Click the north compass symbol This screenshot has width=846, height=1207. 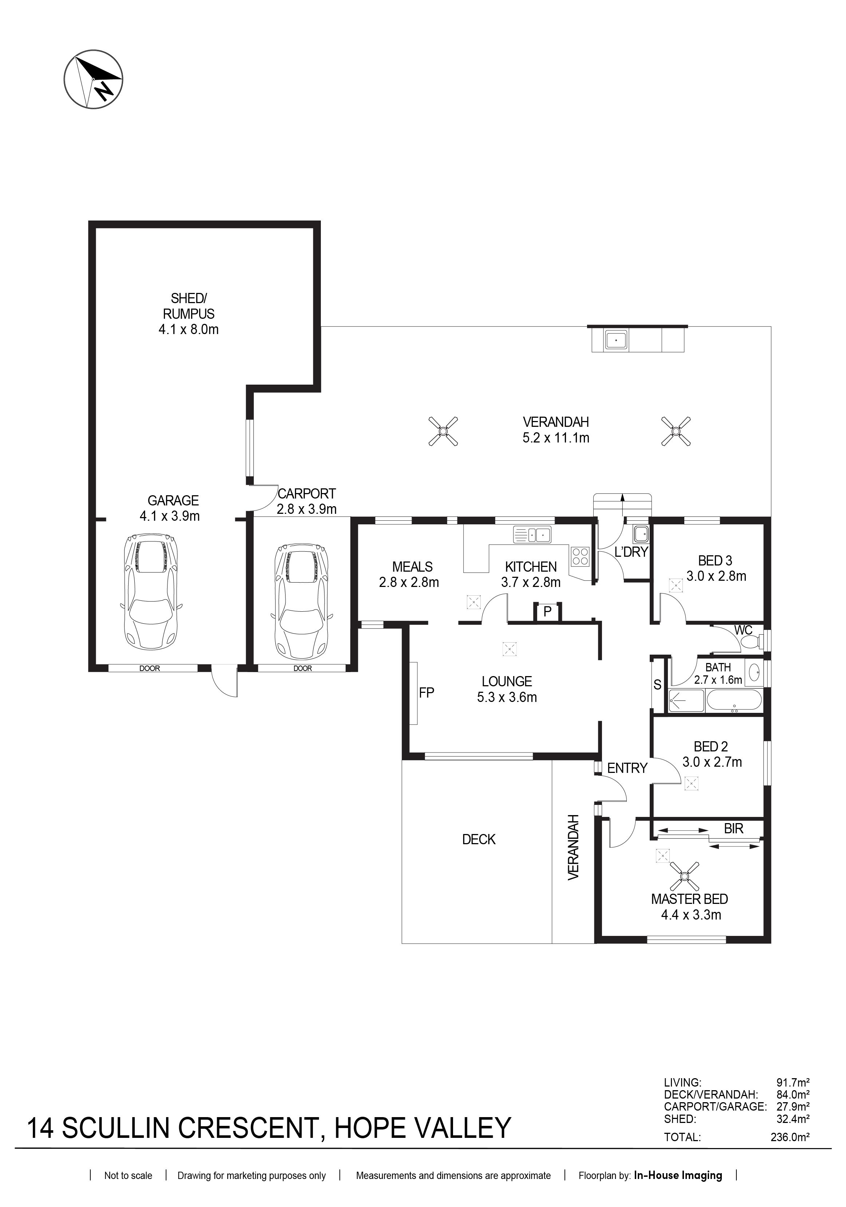pos(94,80)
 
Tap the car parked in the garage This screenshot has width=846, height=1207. pos(150,592)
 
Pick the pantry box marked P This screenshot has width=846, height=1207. pos(547,611)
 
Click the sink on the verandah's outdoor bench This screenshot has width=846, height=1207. pos(615,340)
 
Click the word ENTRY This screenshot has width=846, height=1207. pos(627,768)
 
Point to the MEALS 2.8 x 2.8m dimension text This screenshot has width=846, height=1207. pos(409,583)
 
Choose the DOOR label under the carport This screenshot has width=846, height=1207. pos(303,668)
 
